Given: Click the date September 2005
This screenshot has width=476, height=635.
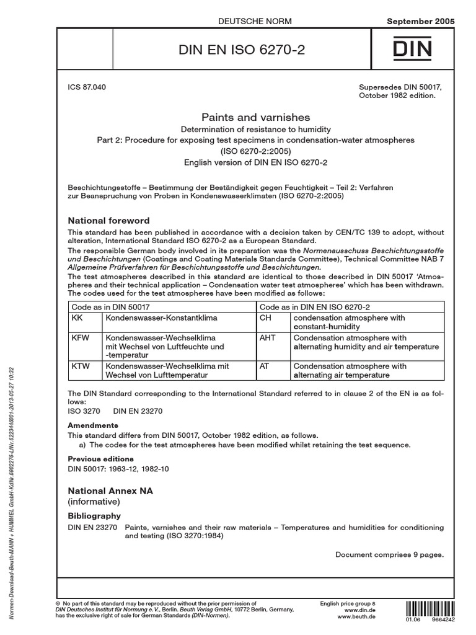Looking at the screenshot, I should pos(420,21).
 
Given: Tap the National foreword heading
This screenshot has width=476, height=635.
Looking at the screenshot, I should pos(108,220).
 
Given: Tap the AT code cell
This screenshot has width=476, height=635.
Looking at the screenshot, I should pos(264,366).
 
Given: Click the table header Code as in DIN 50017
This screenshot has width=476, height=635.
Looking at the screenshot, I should pos(111,306).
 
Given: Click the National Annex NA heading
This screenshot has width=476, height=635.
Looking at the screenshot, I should pos(110,491).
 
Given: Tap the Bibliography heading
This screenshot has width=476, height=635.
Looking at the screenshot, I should pos(94,515).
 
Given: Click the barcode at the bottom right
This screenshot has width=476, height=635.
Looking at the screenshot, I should pos(425,608).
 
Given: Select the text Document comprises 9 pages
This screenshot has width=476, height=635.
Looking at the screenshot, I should pos(389,554).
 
